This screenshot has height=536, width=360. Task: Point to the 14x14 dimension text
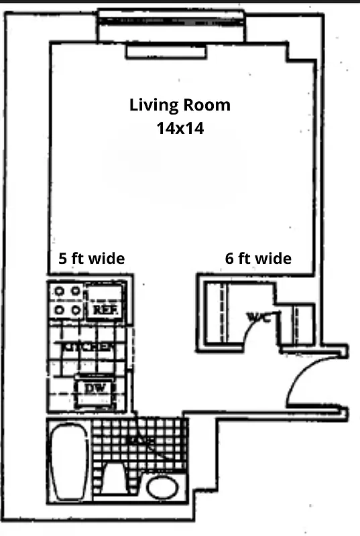tap(180, 128)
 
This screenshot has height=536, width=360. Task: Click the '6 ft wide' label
tap(258, 259)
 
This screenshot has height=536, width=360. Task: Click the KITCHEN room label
tap(86, 347)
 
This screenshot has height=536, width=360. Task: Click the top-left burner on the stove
tap(58, 292)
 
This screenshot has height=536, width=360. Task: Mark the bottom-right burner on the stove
tap(75, 310)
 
